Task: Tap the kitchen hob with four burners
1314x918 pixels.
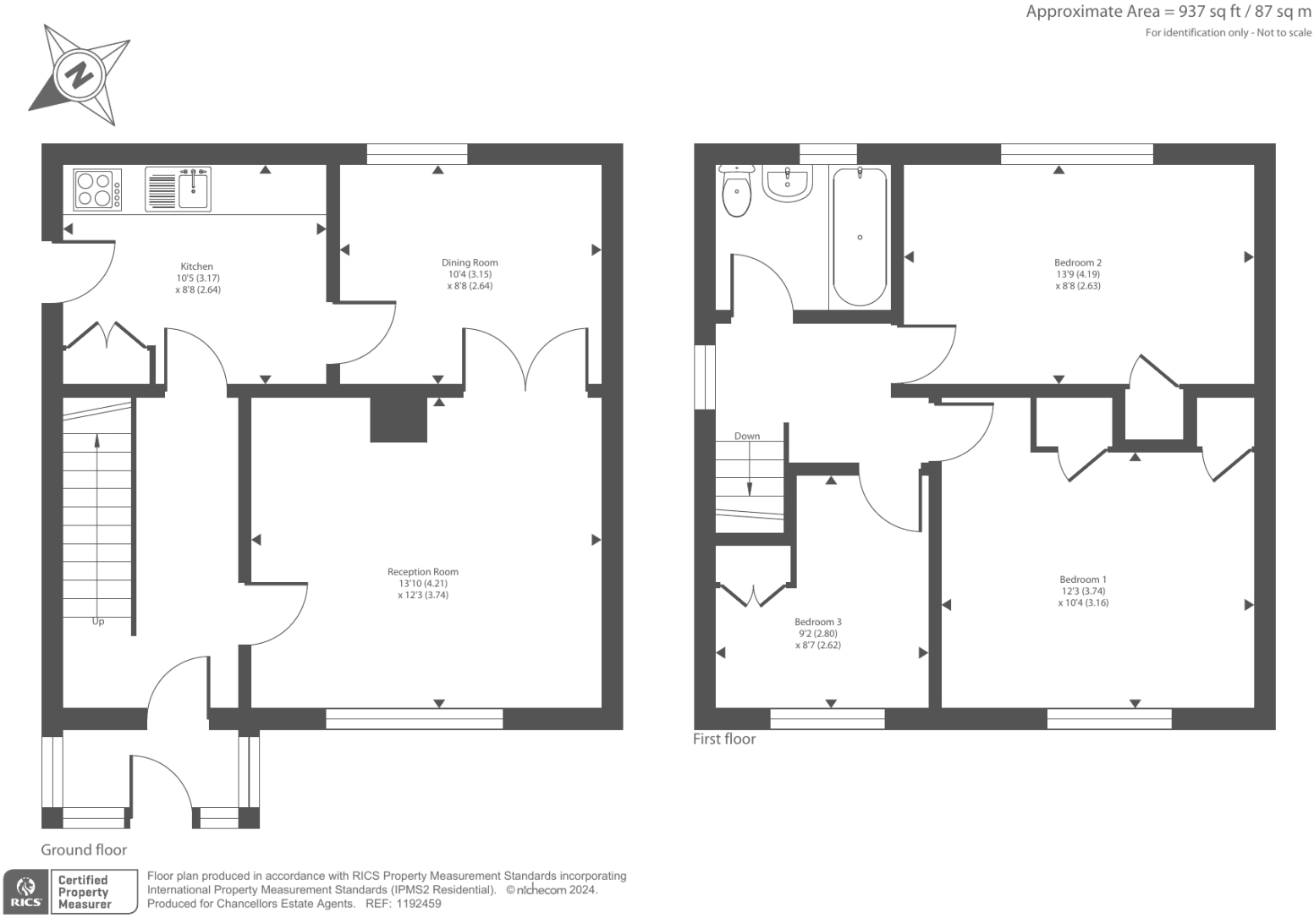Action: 96,190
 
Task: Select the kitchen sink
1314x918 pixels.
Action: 178,189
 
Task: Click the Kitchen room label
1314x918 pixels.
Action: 196,278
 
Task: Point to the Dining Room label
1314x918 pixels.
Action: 470,274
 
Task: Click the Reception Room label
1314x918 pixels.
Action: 423,583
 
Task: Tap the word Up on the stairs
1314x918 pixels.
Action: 98,621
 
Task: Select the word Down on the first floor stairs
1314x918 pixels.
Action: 747,437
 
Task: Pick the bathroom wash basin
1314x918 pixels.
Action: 787,183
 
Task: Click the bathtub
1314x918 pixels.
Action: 860,236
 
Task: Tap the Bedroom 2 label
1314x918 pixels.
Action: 1078,274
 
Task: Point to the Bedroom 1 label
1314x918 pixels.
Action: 1083,591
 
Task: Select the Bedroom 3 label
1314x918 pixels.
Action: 818,633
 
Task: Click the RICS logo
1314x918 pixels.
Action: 25,892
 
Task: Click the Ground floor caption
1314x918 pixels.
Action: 84,849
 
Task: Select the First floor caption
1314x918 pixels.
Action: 724,739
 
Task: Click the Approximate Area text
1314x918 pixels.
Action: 1168,12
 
